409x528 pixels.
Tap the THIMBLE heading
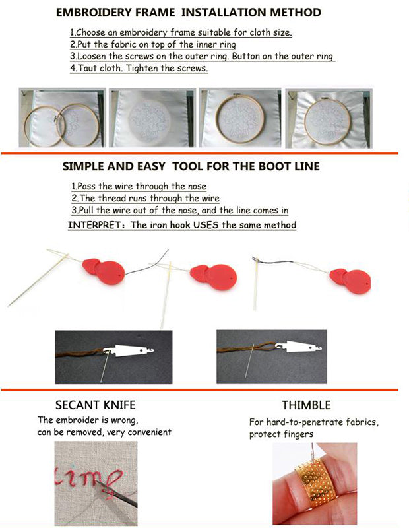(x=306, y=405)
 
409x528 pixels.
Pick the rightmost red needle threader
(x=349, y=280)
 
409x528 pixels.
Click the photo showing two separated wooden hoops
(x=61, y=118)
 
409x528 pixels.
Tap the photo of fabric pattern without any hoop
(x=151, y=118)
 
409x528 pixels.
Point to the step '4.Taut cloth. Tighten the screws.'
(x=139, y=68)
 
